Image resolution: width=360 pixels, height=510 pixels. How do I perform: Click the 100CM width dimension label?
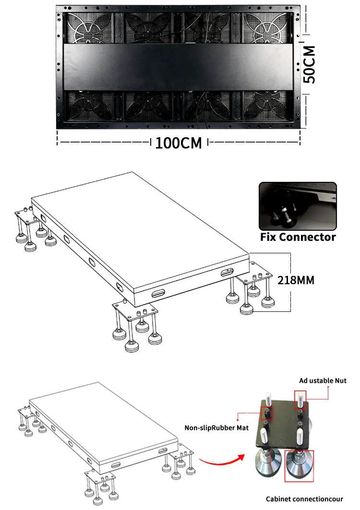[178, 143]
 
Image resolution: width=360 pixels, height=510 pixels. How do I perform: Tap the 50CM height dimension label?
[311, 65]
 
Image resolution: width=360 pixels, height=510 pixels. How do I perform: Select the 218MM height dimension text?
[296, 280]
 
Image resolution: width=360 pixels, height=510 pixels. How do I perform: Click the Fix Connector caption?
[298, 237]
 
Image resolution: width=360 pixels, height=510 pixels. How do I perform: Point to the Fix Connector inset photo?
[297, 206]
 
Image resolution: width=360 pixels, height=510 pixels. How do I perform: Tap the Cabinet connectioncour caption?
[305, 499]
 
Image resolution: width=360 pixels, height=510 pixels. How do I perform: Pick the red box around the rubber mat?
[266, 413]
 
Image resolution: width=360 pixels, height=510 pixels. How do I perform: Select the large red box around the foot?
[299, 466]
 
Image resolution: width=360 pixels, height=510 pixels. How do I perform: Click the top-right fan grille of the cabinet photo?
[268, 28]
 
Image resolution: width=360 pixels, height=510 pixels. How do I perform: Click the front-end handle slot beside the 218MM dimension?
[226, 273]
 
